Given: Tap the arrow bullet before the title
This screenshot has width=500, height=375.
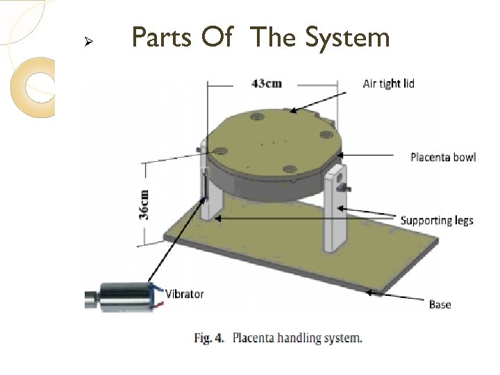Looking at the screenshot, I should tap(88, 41).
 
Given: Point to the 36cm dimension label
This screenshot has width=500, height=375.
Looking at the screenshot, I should tap(144, 204).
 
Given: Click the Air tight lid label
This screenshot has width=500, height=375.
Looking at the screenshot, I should tap(388, 83).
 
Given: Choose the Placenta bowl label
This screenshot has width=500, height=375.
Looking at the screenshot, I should tap(443, 157).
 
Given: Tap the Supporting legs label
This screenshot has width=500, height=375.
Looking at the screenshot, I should tap(437, 220).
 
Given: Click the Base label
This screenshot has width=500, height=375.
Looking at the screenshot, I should tap(440, 304).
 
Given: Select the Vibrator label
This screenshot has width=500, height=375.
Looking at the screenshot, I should tap(184, 294).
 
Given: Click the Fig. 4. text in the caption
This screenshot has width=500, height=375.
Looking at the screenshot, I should tap(208, 339).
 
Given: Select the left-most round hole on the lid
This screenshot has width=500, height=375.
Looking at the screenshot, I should tap(222, 149).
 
